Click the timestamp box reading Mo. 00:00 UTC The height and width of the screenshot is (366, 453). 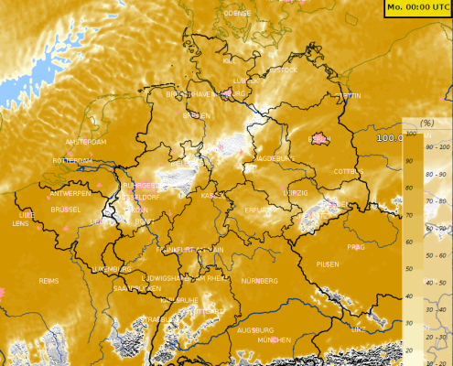[x=417, y=7]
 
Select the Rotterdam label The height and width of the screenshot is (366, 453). [x=73, y=160]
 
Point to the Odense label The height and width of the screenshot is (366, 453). [x=236, y=14]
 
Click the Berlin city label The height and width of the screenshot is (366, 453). [x=319, y=140]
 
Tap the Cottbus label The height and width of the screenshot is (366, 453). [x=349, y=171]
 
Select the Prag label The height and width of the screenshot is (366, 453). [x=356, y=247]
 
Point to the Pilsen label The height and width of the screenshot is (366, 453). [x=327, y=264]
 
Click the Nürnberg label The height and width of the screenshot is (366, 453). [x=259, y=280]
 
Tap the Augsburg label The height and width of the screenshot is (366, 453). [x=254, y=329]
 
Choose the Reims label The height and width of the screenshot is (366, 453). [x=49, y=280]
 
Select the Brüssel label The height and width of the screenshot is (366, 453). [x=66, y=209]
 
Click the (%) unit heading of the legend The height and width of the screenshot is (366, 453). [x=426, y=123]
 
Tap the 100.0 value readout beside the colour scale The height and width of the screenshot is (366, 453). [x=391, y=137]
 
